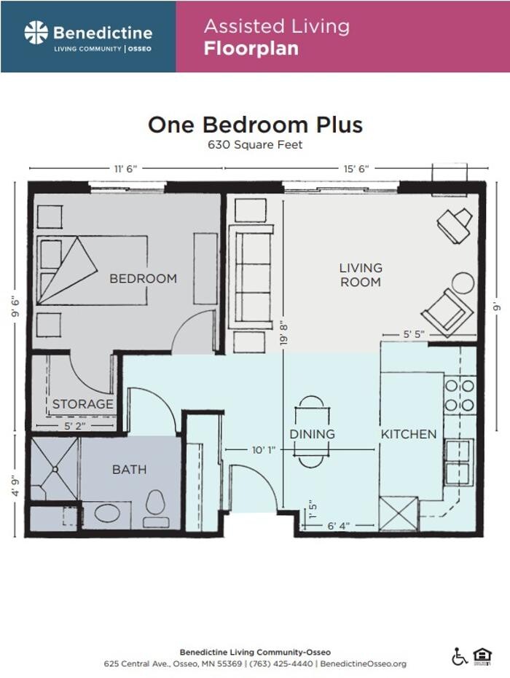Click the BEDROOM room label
(x=143, y=278)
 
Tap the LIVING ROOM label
(x=361, y=275)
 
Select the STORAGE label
(x=82, y=404)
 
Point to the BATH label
(x=129, y=470)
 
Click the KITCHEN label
(x=409, y=434)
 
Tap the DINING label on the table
(x=312, y=434)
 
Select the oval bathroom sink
(x=108, y=513)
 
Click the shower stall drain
(x=55, y=470)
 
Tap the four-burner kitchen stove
(x=460, y=395)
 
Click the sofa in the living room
(x=251, y=277)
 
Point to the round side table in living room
(x=463, y=283)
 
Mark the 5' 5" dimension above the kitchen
(x=414, y=334)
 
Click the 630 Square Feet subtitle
(x=255, y=144)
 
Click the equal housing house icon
(x=482, y=656)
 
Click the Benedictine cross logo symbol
(x=36, y=32)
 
